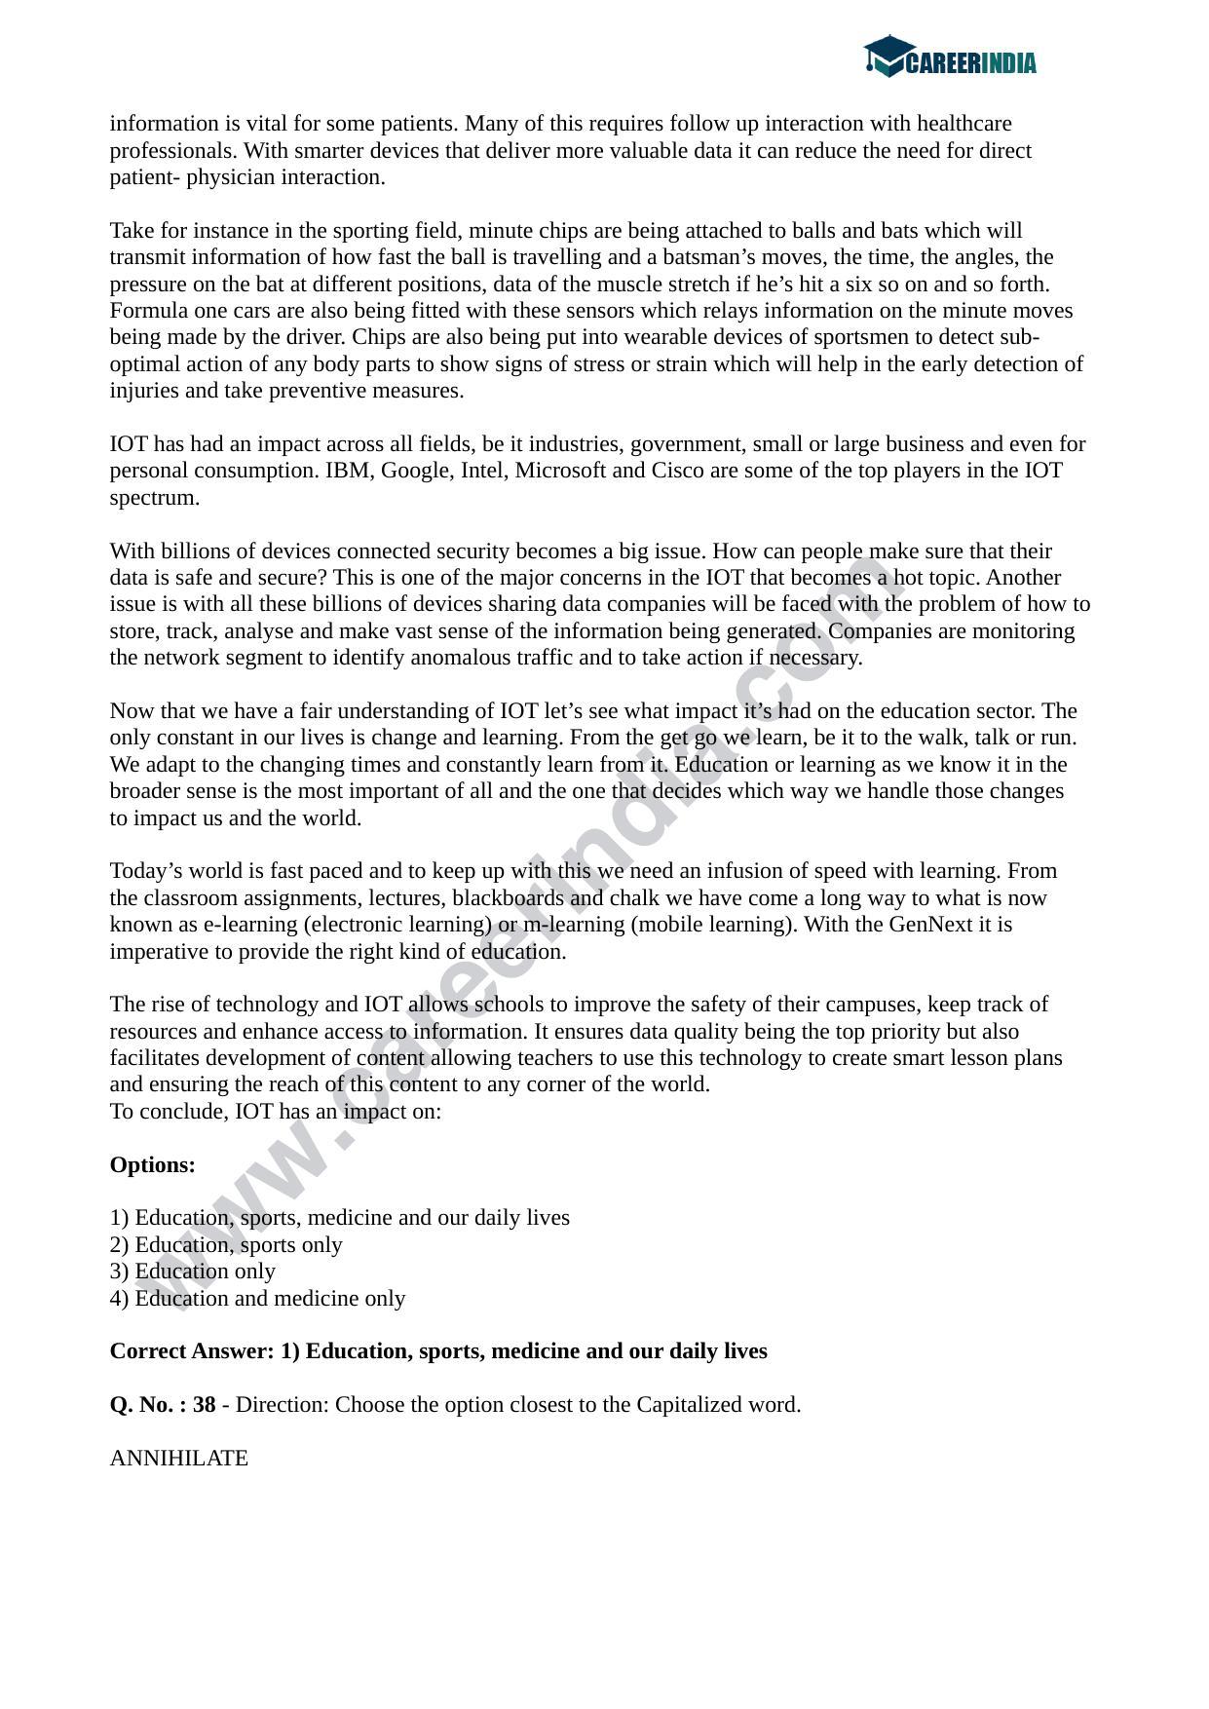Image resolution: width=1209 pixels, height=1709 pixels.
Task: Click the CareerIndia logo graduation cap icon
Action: [x=887, y=57]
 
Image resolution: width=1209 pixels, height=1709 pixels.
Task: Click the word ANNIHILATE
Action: [x=178, y=1458]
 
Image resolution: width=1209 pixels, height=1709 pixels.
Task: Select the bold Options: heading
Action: [x=152, y=1164]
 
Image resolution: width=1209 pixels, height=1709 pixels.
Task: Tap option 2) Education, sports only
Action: [x=226, y=1244]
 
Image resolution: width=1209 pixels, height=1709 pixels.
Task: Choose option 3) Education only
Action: [x=193, y=1271]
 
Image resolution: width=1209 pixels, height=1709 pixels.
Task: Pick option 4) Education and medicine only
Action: [x=257, y=1298]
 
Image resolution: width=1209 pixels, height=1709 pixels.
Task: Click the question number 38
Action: [x=204, y=1404]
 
